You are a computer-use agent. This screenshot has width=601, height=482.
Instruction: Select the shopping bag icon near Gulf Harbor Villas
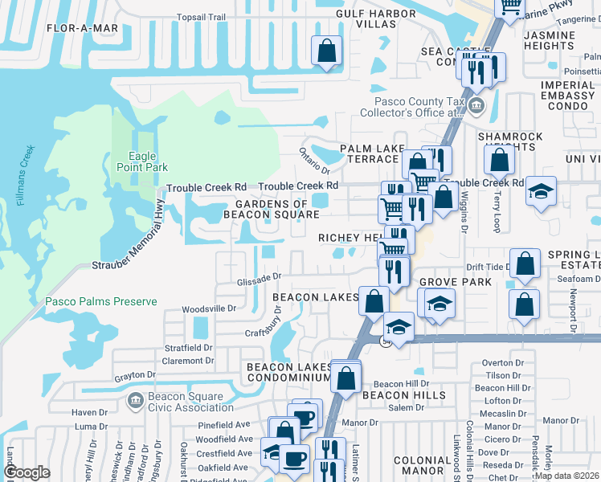pos(327,51)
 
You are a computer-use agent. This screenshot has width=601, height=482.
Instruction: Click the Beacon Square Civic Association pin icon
pos(135,399)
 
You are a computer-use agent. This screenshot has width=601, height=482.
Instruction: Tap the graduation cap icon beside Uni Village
pos(542,191)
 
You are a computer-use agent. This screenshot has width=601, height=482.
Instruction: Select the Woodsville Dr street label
pos(210,308)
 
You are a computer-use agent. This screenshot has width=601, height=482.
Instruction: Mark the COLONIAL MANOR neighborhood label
pos(423,466)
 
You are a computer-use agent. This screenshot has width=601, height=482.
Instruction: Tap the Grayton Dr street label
pos(134,375)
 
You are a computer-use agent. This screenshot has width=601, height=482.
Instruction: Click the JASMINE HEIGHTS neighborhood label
pos(571,40)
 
